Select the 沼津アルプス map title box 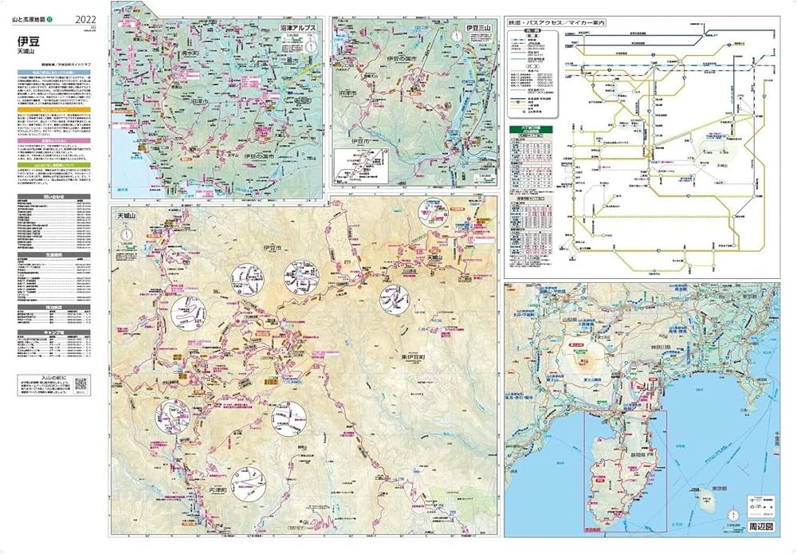298,27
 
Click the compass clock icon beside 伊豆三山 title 456,35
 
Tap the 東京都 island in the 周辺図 705,504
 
